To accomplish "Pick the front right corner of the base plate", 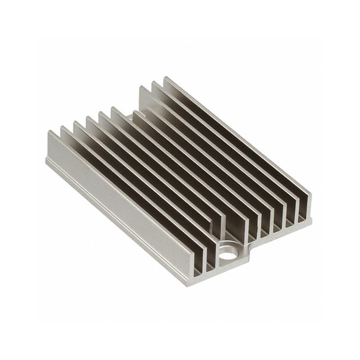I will (x=310, y=220).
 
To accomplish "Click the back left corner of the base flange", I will (x=46, y=158).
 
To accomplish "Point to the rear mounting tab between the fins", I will (x=128, y=118).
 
